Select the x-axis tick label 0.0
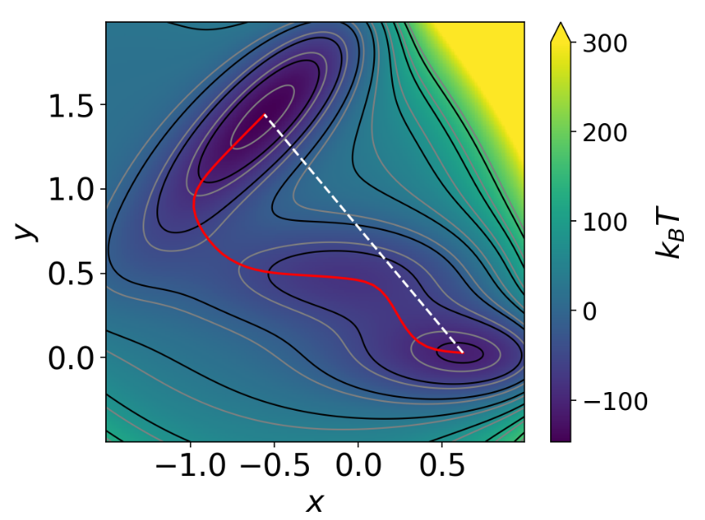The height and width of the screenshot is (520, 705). point(358,468)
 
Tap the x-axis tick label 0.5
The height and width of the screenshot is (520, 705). point(441,468)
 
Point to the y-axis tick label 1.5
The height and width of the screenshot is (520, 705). point(71,106)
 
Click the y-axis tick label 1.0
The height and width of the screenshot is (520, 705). point(71,190)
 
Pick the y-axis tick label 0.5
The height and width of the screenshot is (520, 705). point(71,274)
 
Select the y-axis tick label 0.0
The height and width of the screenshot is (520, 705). point(71,358)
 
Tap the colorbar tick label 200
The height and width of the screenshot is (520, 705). point(605,133)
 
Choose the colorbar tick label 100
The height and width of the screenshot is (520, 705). point(605,222)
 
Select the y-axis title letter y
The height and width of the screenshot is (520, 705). point(27,231)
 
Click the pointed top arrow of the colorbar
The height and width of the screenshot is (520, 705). point(560,31)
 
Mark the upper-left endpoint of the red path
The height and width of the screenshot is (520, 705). point(264,116)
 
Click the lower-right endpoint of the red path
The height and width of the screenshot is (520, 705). point(462,352)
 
